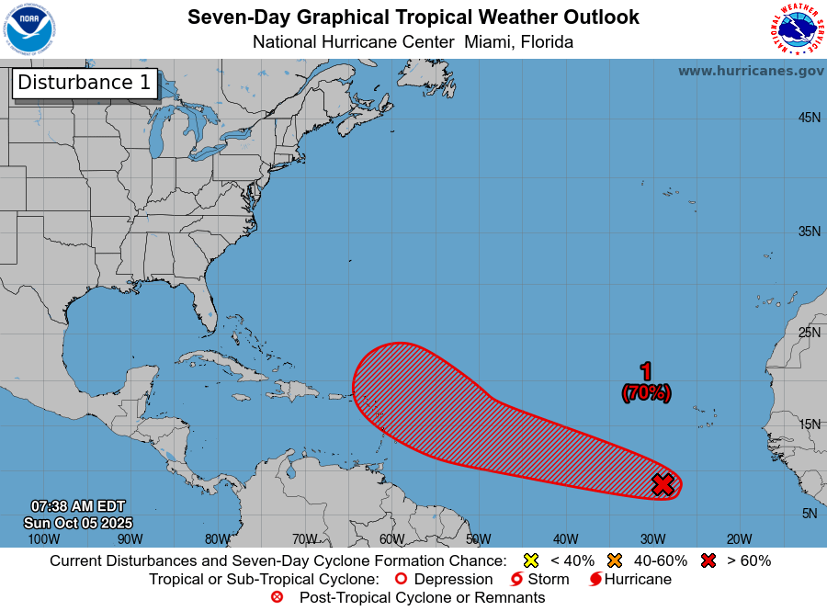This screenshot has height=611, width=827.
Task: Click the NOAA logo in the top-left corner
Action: click(29, 29)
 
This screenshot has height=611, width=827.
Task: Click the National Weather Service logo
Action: click(795, 29)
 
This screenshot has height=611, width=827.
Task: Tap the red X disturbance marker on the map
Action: click(663, 484)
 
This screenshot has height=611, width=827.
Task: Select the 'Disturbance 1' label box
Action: click(85, 83)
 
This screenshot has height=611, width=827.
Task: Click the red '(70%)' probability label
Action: click(646, 392)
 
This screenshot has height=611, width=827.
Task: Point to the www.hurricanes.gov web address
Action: click(751, 71)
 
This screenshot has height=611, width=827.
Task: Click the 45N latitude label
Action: click(809, 118)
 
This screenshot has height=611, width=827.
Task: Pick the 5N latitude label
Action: click(809, 514)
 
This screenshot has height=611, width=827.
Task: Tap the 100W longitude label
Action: click(43, 538)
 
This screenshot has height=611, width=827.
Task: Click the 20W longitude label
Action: click(739, 538)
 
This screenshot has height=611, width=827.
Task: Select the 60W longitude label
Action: click(391, 538)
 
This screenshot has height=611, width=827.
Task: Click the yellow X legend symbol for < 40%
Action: click(529, 560)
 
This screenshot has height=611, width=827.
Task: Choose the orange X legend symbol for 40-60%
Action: click(615, 560)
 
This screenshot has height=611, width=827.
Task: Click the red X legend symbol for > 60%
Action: click(708, 560)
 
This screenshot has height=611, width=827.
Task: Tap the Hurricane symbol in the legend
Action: click(595, 580)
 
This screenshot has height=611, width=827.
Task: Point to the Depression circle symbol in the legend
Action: click(400, 580)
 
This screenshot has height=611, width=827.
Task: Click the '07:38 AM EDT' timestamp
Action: click(78, 506)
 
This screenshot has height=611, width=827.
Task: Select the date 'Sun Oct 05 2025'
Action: click(78, 522)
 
